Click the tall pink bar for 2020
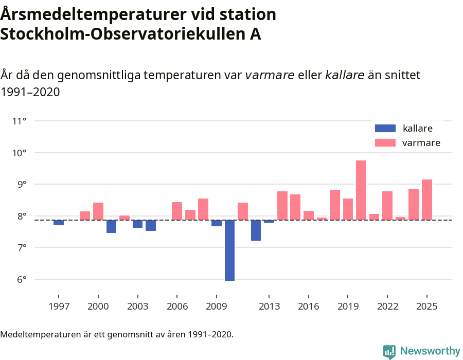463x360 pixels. (x=361, y=190)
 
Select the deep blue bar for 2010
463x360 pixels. (x=229, y=250)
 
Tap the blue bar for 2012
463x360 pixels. (x=256, y=230)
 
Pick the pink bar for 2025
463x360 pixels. (x=427, y=200)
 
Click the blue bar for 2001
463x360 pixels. (x=111, y=227)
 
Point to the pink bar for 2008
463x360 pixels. (x=203, y=209)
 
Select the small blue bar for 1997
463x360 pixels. (x=59, y=223)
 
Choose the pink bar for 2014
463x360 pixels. (x=282, y=206)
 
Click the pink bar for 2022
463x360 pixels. (x=387, y=206)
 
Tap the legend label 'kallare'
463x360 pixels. (x=417, y=129)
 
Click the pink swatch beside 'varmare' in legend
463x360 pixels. (x=385, y=143)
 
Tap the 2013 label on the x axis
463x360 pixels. (x=269, y=307)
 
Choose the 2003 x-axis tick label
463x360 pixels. (x=137, y=307)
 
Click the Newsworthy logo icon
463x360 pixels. (x=389, y=352)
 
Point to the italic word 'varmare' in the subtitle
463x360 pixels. (x=270, y=75)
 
